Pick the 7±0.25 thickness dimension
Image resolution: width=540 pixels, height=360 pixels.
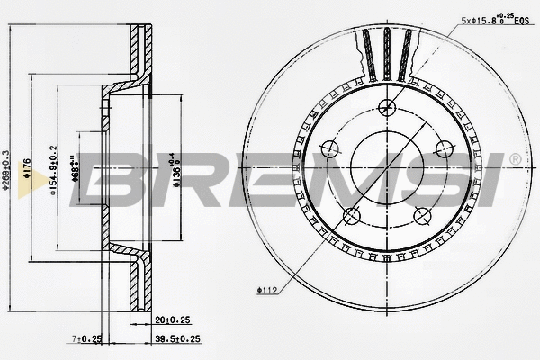pos(86,339)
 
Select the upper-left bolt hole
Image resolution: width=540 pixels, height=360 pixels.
pos(330,148)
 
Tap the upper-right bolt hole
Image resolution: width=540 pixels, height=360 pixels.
pos(444,148)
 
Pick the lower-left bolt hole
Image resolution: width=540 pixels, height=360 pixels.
pos(352,214)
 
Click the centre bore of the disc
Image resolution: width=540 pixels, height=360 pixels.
pos(387,166)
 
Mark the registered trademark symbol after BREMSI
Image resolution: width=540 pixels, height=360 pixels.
pos(514,159)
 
